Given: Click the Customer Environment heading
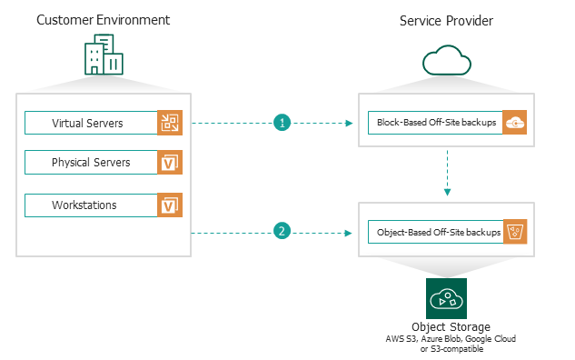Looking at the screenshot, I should [103, 20].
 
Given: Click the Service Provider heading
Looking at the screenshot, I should [445, 20].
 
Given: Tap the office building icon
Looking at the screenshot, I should [103, 56].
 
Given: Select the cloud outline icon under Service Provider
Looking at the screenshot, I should [445, 61].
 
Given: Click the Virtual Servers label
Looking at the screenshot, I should [88, 123].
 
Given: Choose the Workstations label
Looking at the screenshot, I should [84, 205].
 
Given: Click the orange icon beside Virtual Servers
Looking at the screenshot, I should [170, 123].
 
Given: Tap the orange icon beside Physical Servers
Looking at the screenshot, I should [170, 163].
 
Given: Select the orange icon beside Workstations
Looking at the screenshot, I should [170, 205].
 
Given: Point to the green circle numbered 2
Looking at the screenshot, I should [282, 232].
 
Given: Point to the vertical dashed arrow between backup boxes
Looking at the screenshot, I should [445, 174].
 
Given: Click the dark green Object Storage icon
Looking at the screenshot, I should [445, 298].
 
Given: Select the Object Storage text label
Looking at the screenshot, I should [445, 326].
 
